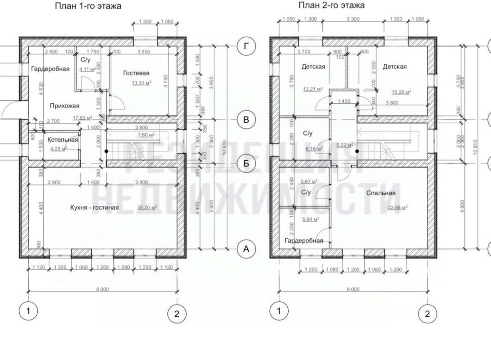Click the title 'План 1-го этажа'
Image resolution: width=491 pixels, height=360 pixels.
[x=88, y=6]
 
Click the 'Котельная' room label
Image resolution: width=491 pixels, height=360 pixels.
[x=62, y=140]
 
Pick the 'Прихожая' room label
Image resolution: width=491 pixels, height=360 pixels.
[x=65, y=105]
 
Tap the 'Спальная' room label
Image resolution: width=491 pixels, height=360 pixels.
[x=381, y=193]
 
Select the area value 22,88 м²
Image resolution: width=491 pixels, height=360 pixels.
[x=398, y=207]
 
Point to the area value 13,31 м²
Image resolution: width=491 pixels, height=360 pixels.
[x=142, y=83]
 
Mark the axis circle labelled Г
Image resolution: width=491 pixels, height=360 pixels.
[x=246, y=46]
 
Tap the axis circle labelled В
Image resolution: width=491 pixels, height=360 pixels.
[x=246, y=120]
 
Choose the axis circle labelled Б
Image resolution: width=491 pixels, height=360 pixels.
[x=246, y=163]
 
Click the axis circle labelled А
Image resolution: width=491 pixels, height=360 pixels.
[x=246, y=249]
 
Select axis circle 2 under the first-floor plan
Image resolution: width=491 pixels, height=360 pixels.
[x=177, y=314]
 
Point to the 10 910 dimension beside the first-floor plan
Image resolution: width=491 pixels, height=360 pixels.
[x=225, y=145]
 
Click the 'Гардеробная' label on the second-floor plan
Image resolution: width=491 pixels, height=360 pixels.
[x=304, y=240]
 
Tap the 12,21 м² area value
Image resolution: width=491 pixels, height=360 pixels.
[x=314, y=89]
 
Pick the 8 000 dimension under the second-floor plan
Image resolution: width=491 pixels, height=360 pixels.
[x=353, y=289]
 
